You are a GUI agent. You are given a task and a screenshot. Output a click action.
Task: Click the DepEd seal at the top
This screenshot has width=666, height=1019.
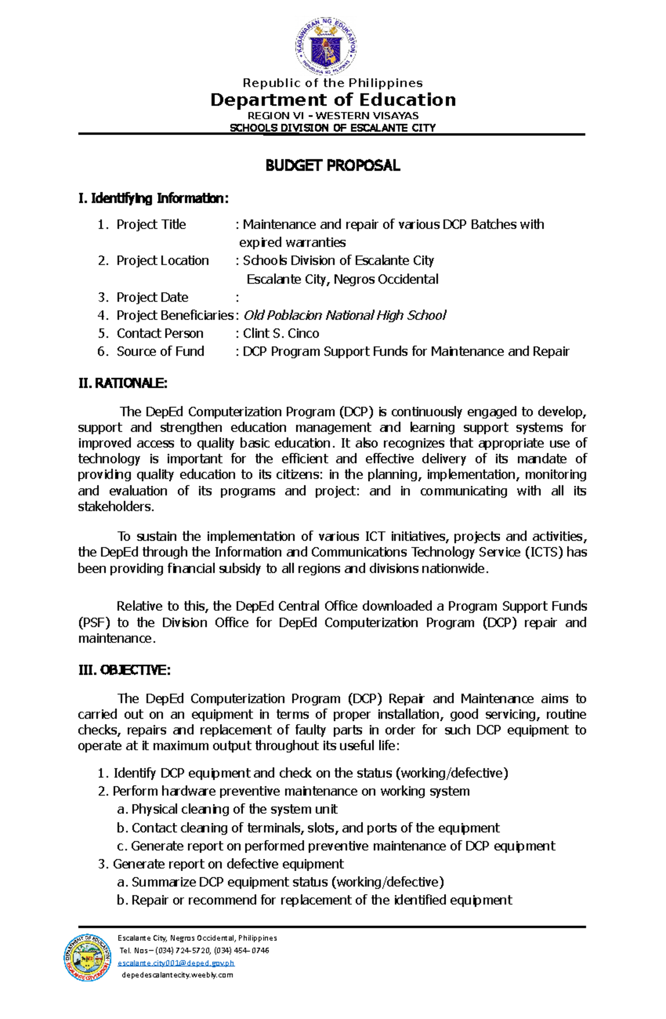(326, 46)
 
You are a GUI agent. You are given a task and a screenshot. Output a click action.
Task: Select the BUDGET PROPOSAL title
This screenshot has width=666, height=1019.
(332, 165)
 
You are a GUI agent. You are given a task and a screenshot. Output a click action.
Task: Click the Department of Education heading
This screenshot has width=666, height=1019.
(333, 100)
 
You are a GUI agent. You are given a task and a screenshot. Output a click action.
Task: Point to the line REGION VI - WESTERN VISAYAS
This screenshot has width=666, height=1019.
(333, 116)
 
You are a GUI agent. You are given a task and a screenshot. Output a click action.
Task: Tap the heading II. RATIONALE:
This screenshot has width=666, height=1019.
(123, 383)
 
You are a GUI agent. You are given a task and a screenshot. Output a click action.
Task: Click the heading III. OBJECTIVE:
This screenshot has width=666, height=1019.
(124, 670)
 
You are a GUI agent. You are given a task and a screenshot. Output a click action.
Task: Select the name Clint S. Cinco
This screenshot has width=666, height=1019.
(281, 333)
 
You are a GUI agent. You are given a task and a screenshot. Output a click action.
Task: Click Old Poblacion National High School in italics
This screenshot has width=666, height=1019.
(345, 315)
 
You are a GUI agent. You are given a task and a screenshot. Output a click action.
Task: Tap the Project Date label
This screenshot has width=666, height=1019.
(152, 297)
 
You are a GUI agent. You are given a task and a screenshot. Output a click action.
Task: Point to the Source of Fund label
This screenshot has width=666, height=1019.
(160, 351)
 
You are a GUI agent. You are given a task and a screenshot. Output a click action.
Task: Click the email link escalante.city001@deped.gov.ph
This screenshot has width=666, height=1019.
(176, 962)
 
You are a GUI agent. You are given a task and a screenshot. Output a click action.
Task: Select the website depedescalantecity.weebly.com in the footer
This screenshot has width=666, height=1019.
(177, 975)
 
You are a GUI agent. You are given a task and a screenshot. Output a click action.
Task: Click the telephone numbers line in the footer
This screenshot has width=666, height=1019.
(194, 950)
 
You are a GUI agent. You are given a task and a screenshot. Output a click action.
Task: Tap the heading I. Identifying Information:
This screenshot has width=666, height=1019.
(153, 198)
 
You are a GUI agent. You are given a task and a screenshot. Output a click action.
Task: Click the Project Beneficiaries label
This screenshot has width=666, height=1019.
(174, 315)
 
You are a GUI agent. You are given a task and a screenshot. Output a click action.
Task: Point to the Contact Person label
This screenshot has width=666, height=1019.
(160, 333)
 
